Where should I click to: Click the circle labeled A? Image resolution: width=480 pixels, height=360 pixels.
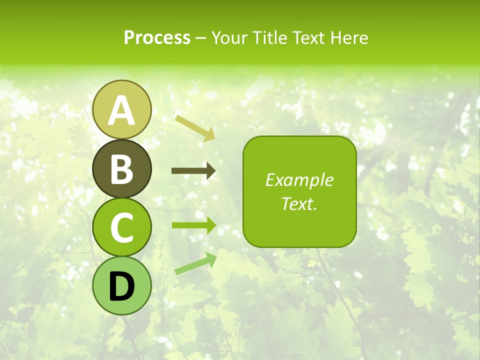[122, 109]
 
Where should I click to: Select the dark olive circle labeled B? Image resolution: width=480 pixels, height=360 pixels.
[122, 168]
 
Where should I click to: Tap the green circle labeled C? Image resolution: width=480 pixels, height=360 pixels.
[122, 227]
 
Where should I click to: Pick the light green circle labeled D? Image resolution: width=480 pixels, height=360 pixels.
[122, 286]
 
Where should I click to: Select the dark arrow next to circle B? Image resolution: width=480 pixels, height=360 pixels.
[193, 171]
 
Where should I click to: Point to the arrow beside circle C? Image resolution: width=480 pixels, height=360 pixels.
[193, 225]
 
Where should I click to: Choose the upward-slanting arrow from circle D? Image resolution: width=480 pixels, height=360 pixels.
[195, 263]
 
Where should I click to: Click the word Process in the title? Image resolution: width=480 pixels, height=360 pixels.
[157, 38]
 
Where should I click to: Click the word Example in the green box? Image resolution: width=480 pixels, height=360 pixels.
[299, 180]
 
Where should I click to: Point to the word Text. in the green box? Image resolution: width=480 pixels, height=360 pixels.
[299, 203]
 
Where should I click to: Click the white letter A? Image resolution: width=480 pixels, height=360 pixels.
[122, 110]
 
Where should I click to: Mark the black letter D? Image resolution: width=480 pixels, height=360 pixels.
[122, 286]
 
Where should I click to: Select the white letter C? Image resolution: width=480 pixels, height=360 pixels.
[122, 228]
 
